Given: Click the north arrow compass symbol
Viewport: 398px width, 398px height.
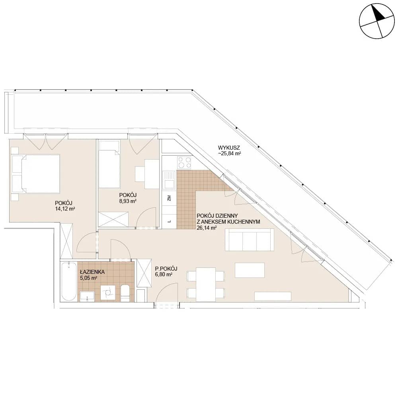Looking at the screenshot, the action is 377,21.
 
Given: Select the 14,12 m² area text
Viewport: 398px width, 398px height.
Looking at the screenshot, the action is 65,209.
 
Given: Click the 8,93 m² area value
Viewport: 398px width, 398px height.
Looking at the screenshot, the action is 128,201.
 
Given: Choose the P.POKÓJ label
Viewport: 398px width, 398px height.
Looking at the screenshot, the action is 166,269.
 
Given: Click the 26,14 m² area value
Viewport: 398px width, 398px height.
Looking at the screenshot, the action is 207,228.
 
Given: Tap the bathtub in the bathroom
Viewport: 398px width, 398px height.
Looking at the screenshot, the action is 68,282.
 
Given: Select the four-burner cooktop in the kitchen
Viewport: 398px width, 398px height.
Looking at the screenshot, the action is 185,163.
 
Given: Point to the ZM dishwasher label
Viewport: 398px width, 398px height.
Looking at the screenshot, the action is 169,198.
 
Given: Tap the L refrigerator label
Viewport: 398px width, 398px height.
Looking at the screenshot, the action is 169,221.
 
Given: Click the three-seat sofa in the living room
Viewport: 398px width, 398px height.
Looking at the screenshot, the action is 250,240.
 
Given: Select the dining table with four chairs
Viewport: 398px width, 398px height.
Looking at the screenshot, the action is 206,284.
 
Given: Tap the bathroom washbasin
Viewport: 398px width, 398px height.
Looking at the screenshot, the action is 87,296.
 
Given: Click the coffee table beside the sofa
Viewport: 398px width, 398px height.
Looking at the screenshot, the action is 250,270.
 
